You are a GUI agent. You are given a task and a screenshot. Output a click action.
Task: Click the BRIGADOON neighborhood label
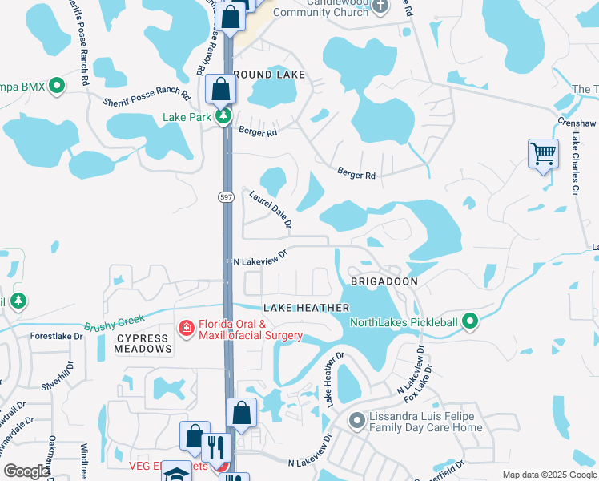tap(384, 282)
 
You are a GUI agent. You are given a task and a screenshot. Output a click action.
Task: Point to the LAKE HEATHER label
tap(307, 308)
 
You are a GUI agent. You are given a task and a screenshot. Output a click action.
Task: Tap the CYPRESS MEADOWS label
tap(144, 343)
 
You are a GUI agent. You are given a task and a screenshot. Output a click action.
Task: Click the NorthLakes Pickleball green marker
tap(470, 322)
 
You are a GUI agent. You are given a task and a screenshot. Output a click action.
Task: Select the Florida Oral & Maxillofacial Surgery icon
tap(186, 329)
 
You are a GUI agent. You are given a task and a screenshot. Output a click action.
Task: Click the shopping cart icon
tap(543, 152)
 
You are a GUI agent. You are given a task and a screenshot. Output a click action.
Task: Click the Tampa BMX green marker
tap(57, 85)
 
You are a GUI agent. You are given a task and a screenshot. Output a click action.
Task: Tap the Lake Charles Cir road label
tap(575, 165)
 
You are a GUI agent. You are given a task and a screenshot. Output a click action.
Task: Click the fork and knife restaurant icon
tap(216, 447)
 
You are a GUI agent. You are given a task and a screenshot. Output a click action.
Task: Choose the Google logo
tap(26, 472)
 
